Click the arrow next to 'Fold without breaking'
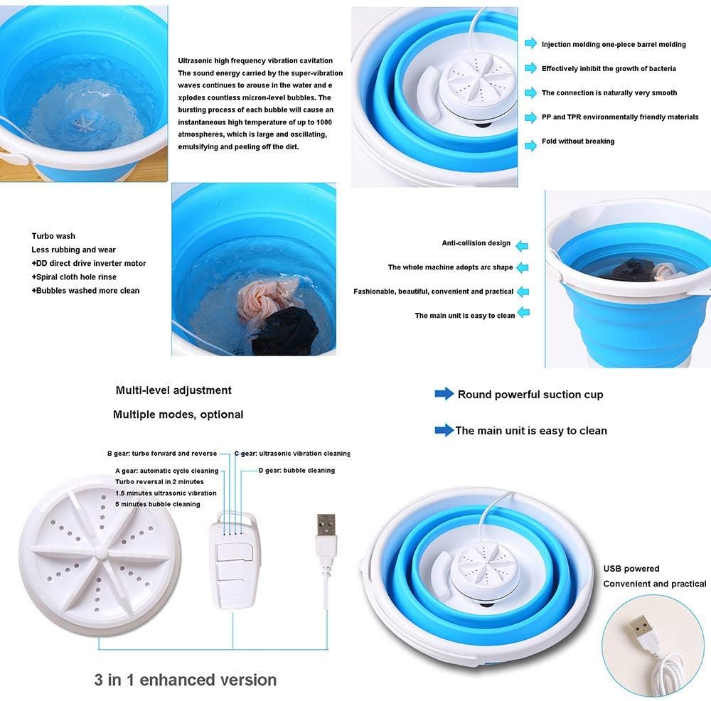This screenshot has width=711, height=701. [530, 146]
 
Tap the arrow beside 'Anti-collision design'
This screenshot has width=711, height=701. [522, 246]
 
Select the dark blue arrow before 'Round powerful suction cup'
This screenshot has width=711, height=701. [444, 394]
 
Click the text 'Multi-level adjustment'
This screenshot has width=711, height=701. [173, 390]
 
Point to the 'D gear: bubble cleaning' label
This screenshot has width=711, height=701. [296, 470]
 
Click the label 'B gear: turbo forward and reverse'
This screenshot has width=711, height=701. [162, 454]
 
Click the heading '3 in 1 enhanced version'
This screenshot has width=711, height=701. [186, 680]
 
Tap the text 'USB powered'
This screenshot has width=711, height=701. [631, 569]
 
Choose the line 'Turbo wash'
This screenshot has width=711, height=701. [53, 236]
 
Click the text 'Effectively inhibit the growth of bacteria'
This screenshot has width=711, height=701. [609, 68]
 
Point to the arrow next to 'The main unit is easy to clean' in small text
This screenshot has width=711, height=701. [523, 312]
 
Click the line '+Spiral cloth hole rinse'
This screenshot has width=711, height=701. [74, 277]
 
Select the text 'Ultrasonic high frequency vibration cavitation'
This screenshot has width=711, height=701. [255, 60]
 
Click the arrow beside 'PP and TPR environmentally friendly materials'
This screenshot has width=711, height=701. [530, 117]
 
